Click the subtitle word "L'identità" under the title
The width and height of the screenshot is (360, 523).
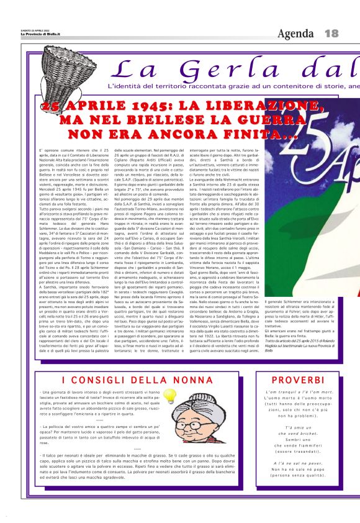coord(124,86)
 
